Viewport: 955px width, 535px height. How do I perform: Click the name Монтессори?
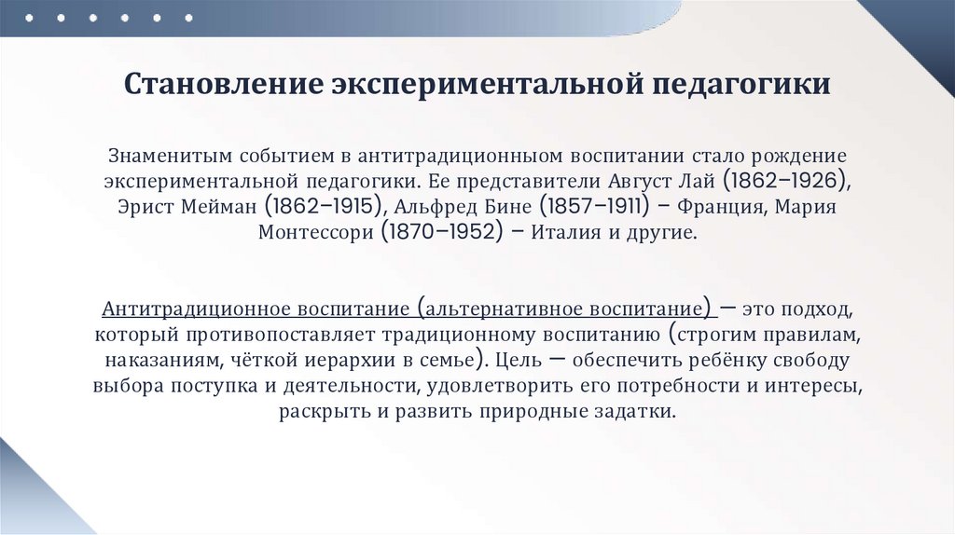[316, 232]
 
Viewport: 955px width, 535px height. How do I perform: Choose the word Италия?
[566, 232]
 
